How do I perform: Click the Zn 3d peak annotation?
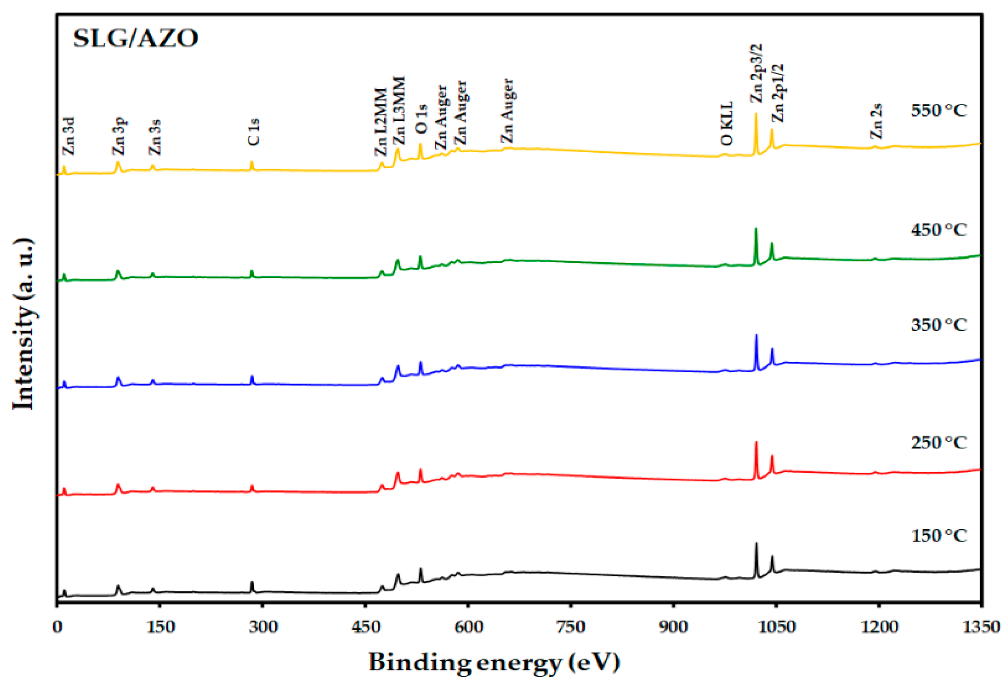[69, 136]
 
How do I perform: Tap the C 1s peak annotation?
[253, 132]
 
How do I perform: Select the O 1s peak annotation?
[421, 119]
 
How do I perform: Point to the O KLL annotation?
[726, 124]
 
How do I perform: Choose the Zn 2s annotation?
[876, 121]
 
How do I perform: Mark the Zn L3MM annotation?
[399, 111]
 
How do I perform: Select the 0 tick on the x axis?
[57, 627]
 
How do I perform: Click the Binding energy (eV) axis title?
[495, 662]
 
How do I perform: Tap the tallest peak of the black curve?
[756, 544]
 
